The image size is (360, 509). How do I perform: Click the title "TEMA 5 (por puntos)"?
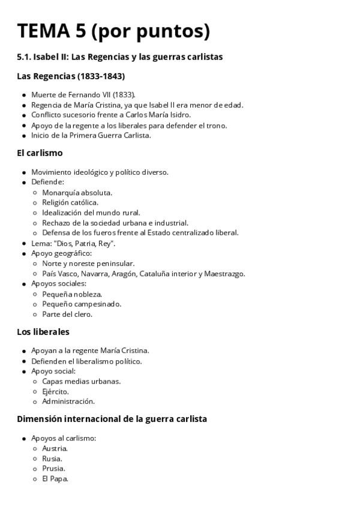coord(113,31)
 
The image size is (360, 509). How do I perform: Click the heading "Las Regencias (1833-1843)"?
coord(71,76)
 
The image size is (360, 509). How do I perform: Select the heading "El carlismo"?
coord(40,153)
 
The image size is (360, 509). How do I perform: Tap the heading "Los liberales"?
coord(43,331)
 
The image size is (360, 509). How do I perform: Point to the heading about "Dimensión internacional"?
coord(112,419)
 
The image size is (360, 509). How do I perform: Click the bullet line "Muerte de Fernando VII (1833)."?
coord(83,95)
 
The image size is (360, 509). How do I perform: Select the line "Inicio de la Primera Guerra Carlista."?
coord(91,135)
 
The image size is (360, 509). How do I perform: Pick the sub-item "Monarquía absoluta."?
coord(77,193)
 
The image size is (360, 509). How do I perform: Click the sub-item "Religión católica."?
coord(70,202)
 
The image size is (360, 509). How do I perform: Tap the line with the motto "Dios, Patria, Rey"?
coord(73,243)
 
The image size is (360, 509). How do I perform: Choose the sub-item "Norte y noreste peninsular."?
coord(88,264)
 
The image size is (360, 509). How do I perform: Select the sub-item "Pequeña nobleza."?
coord(72,294)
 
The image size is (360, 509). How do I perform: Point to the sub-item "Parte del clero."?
coord(67,314)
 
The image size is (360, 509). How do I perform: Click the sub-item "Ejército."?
coord(55,391)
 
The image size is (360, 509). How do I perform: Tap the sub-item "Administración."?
coord(68,402)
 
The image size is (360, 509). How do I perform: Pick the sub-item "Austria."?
coord(55,448)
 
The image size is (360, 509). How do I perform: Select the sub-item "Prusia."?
coord(54,468)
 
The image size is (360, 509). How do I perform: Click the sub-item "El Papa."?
coord(55,478)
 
